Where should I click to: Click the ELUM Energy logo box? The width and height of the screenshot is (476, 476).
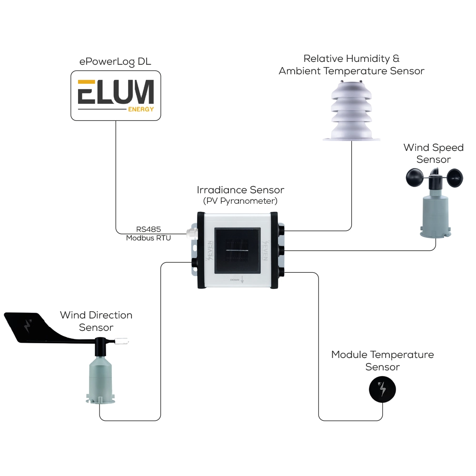(116, 95)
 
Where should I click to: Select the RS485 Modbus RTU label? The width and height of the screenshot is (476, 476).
(148, 234)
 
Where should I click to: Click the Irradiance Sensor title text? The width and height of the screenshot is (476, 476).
(240, 190)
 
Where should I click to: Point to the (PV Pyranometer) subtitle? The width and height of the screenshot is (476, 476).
(240, 201)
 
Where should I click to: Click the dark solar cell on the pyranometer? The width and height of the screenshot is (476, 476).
(237, 250)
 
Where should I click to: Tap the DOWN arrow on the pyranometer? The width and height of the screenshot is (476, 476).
(242, 280)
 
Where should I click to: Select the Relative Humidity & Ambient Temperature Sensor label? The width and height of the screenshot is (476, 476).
(351, 65)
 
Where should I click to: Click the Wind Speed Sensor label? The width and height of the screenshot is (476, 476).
(433, 153)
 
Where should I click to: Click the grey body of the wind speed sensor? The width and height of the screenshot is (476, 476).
(434, 214)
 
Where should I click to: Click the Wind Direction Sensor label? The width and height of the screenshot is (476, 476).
(96, 321)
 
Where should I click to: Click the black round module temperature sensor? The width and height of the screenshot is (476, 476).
(382, 390)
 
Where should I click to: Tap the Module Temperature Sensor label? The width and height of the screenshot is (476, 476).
(382, 361)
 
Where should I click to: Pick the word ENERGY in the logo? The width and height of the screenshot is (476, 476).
(141, 109)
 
